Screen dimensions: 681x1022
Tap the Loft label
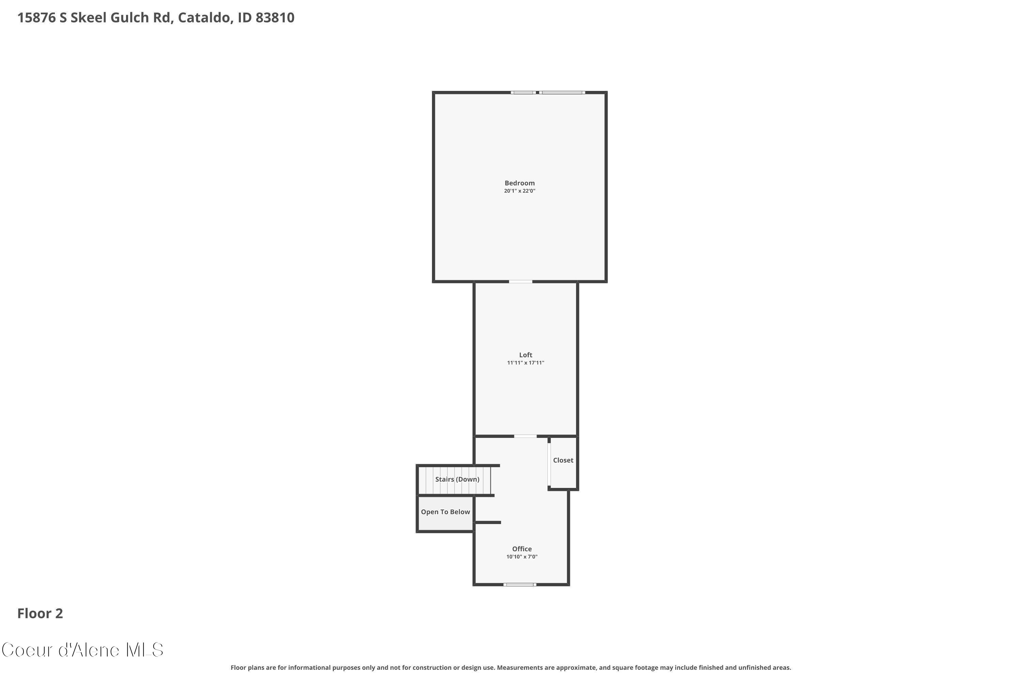coord(525,355)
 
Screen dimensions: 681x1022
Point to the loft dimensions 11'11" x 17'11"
coord(525,363)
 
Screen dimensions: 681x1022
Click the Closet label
coord(563,460)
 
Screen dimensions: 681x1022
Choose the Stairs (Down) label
coord(457,479)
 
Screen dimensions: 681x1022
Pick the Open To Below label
coord(445,512)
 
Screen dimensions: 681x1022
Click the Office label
coord(522,549)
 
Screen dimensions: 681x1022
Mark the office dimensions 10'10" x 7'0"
coord(522,557)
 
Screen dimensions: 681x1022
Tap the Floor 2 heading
coord(40,613)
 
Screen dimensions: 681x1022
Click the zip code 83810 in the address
coord(275,18)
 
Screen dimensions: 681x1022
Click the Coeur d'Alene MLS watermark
coord(82,650)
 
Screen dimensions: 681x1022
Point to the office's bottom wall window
coord(520,585)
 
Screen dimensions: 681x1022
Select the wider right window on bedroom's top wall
coord(562,93)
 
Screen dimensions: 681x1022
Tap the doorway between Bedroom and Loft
coord(521,282)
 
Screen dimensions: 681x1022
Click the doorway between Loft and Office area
coord(525,436)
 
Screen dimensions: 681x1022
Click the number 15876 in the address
coord(36,18)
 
